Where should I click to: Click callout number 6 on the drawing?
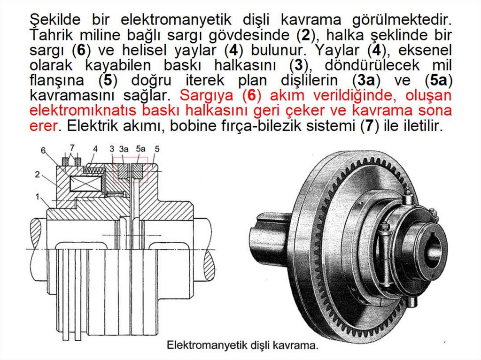click(x=43, y=151)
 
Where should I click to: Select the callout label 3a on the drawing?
click(x=124, y=149)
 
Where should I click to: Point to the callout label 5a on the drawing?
click(x=140, y=149)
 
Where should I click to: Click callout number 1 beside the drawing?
click(x=37, y=197)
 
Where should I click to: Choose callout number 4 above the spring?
click(x=95, y=149)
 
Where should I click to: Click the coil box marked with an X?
click(x=85, y=184)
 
